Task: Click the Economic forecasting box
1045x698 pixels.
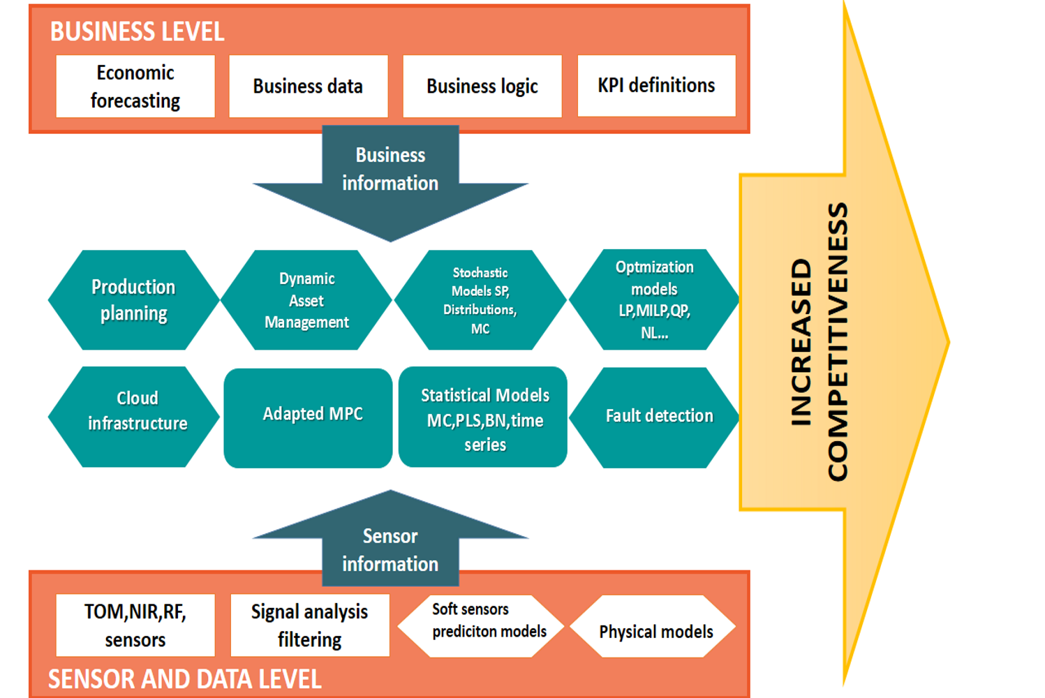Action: tap(135, 87)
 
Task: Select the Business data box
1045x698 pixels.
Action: tap(308, 87)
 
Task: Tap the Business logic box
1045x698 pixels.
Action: tap(482, 87)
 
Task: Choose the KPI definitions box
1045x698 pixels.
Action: tap(656, 86)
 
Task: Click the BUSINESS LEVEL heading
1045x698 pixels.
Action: tap(137, 32)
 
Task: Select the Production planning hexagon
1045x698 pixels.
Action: tap(133, 300)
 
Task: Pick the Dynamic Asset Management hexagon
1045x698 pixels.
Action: tap(306, 300)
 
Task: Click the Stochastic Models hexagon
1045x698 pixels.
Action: tap(480, 300)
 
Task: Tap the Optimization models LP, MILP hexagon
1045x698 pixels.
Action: tap(654, 300)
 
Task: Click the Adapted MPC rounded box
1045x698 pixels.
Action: tap(308, 417)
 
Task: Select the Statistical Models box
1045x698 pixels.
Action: tap(483, 417)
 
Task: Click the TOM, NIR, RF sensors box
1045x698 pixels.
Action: tap(135, 625)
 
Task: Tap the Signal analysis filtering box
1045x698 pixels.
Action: tap(310, 625)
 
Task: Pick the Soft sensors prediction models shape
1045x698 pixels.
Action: tap(481, 626)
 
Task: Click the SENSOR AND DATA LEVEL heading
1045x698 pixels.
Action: tap(184, 679)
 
